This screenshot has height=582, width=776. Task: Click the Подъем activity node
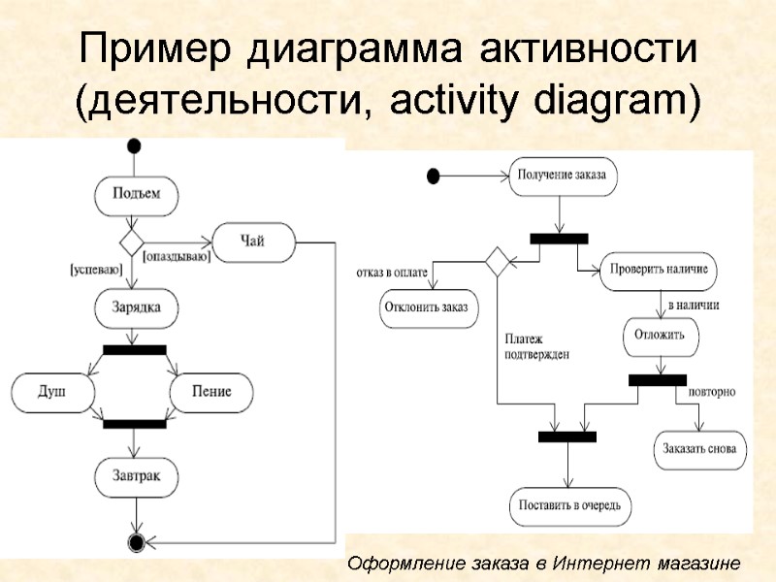pos(137,194)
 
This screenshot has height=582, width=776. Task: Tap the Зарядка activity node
pos(137,308)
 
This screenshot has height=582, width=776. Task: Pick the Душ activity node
pos(52,393)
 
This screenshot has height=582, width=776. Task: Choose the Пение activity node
pos(212,393)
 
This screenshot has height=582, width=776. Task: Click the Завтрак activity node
pos(137,477)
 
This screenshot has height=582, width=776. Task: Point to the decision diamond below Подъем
pos(131,242)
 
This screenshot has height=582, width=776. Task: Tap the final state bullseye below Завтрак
pos(137,540)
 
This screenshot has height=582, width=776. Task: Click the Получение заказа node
pos(562,176)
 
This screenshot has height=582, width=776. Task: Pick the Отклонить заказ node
pos(425,307)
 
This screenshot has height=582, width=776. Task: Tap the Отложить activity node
pos(660,336)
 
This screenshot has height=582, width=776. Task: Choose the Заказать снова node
pos(699,449)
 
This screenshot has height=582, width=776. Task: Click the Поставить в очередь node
pos(570,505)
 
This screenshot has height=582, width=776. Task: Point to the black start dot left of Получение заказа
pos(433,176)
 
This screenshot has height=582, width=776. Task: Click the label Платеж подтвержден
pos(536,347)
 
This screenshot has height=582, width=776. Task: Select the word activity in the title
pos(436,102)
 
